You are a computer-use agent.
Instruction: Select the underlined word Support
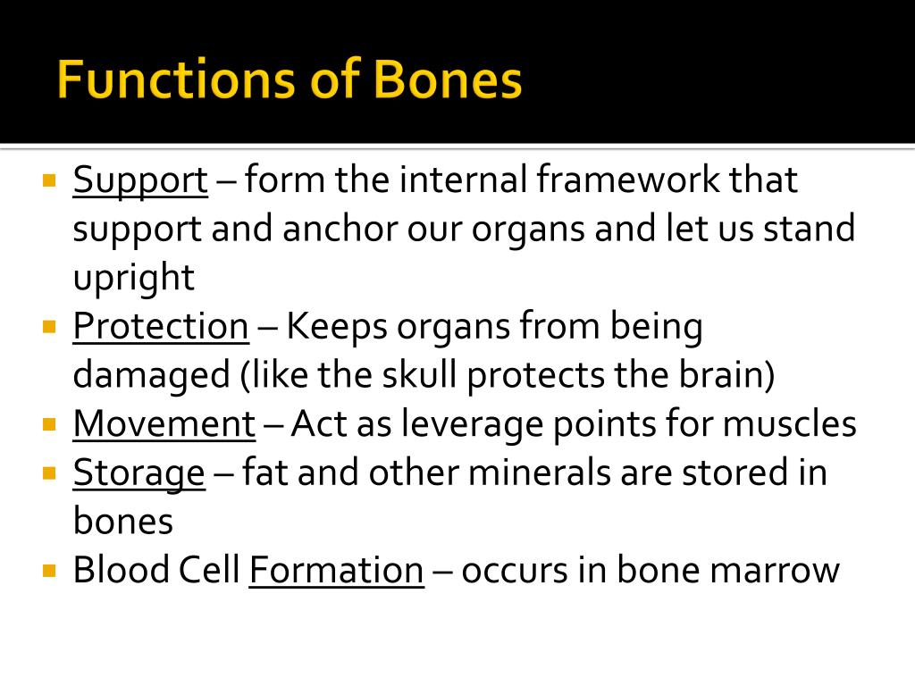[x=140, y=181]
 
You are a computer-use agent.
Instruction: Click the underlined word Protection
[x=161, y=327]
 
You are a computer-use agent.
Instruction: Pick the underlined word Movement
[x=164, y=424]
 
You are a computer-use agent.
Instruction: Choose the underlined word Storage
[x=139, y=473]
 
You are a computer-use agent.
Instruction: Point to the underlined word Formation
[x=336, y=571]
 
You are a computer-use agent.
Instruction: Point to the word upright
[x=133, y=279]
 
